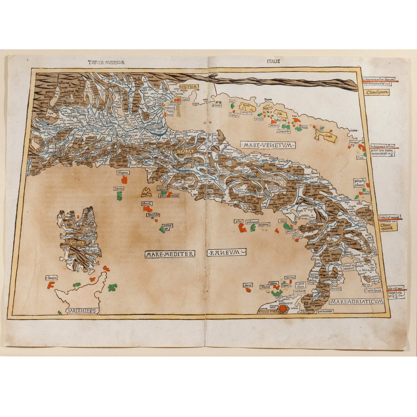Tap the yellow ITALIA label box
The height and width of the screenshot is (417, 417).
coord(185,151)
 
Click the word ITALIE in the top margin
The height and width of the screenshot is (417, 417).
coord(273,62)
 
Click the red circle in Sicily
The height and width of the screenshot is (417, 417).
coord(282,309)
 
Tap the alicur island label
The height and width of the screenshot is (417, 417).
coord(248,285)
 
